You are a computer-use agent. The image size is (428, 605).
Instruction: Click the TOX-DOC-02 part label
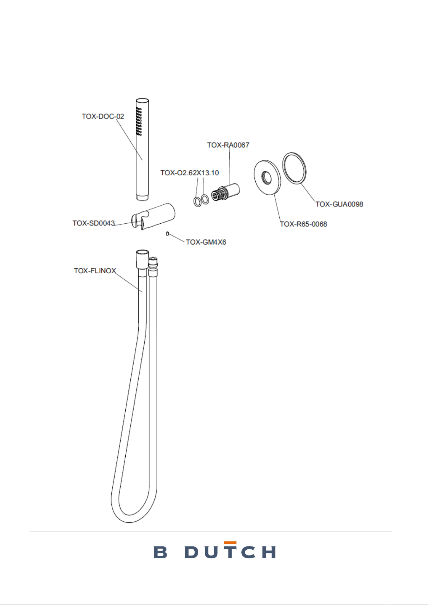(x=103, y=116)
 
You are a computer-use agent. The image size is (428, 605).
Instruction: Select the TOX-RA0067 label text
(x=228, y=145)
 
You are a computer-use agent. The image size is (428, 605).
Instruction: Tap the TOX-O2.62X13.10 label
(x=190, y=173)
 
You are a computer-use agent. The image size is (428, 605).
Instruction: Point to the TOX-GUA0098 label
(x=339, y=204)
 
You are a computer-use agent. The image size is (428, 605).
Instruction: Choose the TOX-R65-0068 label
(x=303, y=224)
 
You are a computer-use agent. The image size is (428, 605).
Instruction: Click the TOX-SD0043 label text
(x=94, y=223)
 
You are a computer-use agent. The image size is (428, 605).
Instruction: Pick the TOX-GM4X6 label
(x=206, y=242)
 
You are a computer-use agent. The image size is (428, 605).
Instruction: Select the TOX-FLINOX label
(x=95, y=271)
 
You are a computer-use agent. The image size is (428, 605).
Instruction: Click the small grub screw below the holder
(x=167, y=234)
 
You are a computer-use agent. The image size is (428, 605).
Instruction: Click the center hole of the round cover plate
(x=267, y=178)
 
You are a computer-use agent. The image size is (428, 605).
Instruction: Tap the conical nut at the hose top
(x=142, y=259)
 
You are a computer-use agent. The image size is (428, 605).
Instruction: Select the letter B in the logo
(x=160, y=552)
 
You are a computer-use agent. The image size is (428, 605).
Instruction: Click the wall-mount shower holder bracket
(x=153, y=217)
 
